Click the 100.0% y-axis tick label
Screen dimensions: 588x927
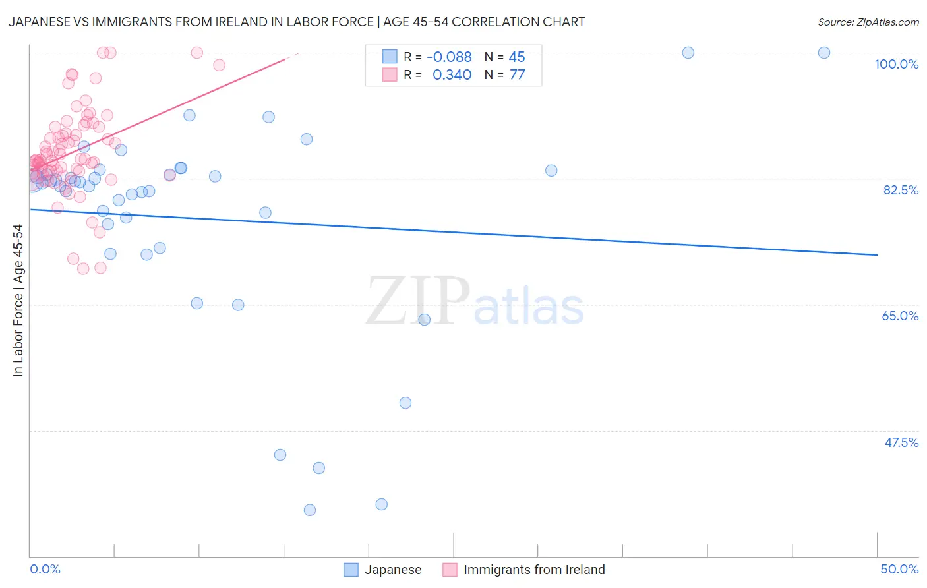coord(896,64)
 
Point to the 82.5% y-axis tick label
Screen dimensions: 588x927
coord(901,190)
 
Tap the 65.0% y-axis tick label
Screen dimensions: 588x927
coord(900,316)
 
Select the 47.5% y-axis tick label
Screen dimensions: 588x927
coord(901,442)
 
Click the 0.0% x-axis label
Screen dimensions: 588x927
coord(45,569)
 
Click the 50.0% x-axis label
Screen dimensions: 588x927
coord(899,569)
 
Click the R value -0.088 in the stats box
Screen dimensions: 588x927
coord(449,57)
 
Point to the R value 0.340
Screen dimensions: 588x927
coord(452,75)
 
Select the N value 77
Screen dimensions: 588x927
coord(517,75)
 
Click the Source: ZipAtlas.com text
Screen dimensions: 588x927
coord(868,22)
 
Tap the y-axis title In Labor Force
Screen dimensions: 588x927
coord(18,301)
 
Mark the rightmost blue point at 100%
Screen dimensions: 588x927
coord(823,53)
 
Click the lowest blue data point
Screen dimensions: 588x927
coord(309,510)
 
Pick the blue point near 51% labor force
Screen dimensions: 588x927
coord(405,403)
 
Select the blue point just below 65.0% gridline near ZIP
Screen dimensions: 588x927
coord(424,320)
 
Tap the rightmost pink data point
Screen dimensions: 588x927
coord(219,65)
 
